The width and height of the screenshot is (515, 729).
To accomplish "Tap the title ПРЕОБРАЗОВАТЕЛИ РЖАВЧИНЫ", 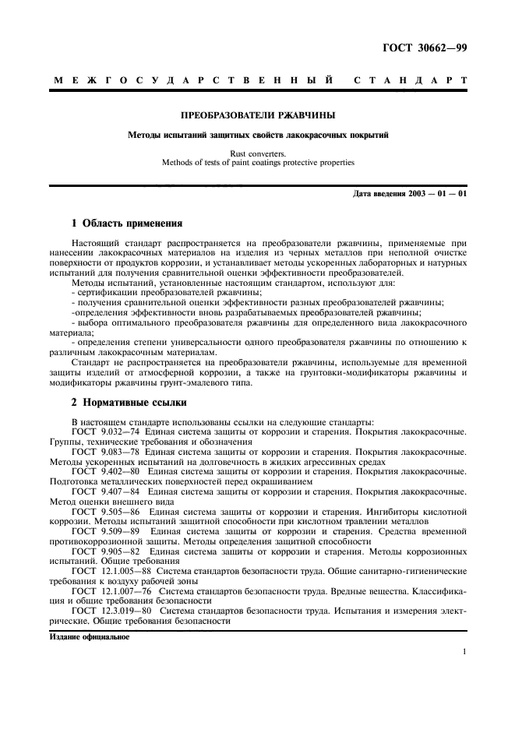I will [x=258, y=115].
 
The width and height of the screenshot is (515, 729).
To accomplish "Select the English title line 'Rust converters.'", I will [x=258, y=153].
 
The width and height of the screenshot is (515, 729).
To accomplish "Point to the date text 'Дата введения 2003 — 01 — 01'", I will [x=409, y=192].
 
